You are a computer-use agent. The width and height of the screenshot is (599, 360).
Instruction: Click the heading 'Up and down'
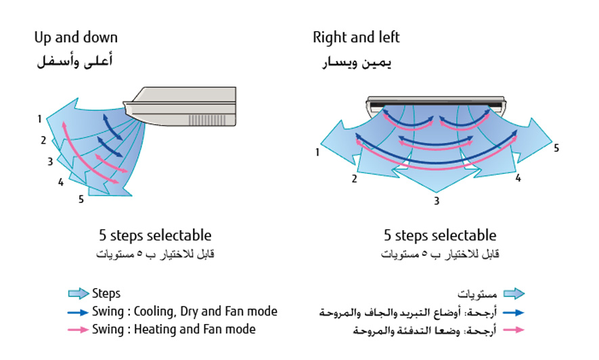click(76, 38)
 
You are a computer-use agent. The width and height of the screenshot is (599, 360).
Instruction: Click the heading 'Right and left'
click(356, 38)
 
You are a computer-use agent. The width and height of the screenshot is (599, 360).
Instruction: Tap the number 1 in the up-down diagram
click(40, 119)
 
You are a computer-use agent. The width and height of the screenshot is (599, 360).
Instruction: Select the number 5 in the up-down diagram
click(81, 199)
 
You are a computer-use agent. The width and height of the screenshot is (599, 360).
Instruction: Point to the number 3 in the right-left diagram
click(437, 201)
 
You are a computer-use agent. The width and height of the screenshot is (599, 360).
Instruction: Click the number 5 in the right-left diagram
click(556, 148)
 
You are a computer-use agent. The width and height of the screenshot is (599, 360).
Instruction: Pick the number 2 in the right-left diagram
click(353, 179)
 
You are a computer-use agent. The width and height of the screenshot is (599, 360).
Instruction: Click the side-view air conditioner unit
click(183, 106)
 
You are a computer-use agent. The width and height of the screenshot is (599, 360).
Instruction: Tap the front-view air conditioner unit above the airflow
click(437, 103)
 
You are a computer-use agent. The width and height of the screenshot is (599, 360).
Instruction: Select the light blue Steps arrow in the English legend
click(79, 294)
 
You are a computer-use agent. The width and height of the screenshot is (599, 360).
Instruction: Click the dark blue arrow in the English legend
click(79, 313)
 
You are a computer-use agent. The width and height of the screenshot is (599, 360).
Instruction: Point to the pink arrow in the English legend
click(79, 330)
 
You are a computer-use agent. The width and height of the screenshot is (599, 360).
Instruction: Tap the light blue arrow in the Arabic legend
click(514, 294)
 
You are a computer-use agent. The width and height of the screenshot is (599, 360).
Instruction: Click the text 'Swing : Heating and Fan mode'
click(173, 330)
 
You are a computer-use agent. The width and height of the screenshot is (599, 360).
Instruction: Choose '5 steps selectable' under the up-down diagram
click(155, 236)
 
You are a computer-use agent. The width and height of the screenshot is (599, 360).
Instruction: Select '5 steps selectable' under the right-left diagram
click(440, 236)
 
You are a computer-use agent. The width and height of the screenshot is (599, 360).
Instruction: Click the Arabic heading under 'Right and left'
click(357, 63)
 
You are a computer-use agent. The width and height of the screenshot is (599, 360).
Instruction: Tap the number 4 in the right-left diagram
click(518, 179)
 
